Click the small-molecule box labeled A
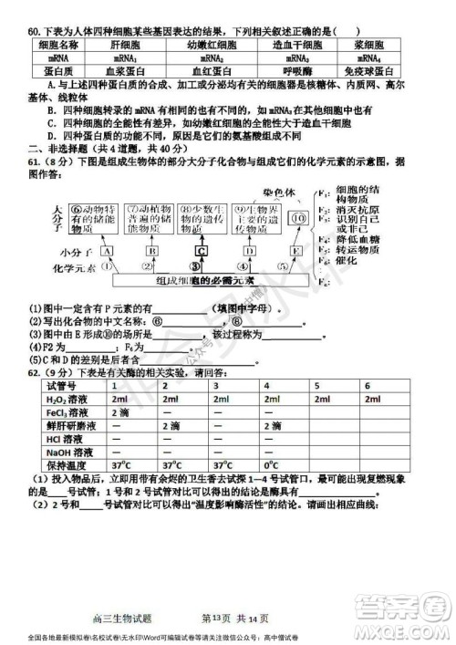click(108, 249)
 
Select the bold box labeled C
click(200, 249)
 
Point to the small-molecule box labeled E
click(295, 249)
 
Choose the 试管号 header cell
click(56, 386)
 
